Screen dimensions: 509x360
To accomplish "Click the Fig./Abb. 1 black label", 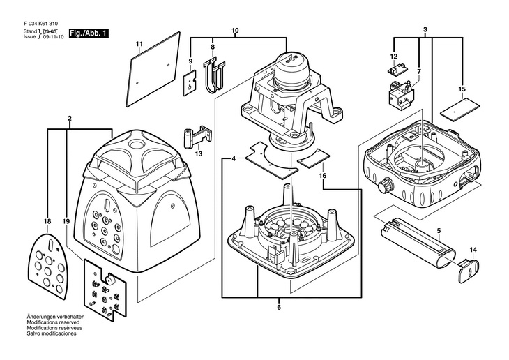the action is click(x=89, y=33).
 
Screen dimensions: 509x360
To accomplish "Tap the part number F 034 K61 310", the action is click(x=41, y=24).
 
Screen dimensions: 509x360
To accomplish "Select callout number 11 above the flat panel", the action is click(x=139, y=43).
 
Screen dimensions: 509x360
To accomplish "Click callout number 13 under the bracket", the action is click(x=199, y=153).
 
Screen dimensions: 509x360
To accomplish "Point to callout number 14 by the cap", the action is click(x=473, y=250).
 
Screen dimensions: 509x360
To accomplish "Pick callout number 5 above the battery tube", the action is click(x=439, y=231).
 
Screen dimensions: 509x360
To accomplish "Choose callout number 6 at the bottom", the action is click(x=279, y=307).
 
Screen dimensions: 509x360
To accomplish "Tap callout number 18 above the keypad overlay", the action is click(x=47, y=222).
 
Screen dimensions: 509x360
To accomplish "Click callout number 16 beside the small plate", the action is click(x=323, y=176).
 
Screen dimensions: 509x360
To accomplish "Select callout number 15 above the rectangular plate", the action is click(x=462, y=89).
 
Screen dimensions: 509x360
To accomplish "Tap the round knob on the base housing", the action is click(x=386, y=186).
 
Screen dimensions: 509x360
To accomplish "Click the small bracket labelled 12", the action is click(x=397, y=68).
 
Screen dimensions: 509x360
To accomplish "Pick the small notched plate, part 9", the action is click(x=190, y=83).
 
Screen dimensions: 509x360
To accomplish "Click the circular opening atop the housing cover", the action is click(x=137, y=144).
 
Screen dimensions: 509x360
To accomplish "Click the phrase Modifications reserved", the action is click(x=53, y=322).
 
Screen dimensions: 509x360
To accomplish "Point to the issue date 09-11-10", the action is click(x=54, y=37).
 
